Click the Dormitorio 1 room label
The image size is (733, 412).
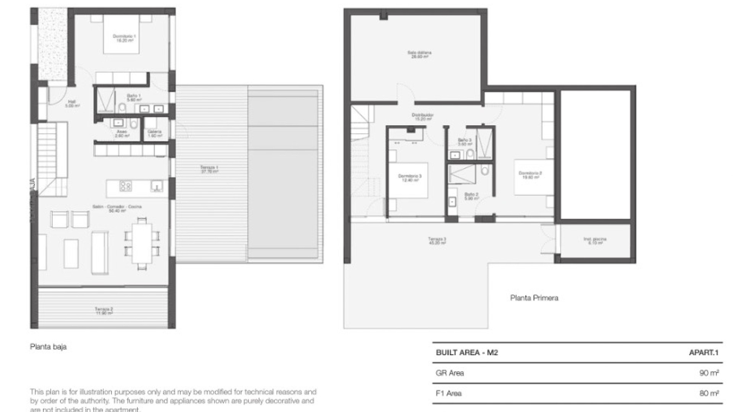[x=124, y=38]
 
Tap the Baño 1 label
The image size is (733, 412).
[x=134, y=97]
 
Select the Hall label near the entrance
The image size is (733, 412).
[x=72, y=103]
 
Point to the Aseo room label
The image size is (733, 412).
[x=122, y=134]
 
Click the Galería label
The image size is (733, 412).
[x=155, y=134]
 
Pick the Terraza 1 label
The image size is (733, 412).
[x=209, y=169]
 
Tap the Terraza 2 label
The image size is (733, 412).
[x=103, y=311]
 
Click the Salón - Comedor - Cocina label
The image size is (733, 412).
[x=117, y=208]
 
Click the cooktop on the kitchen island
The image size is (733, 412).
[x=126, y=186]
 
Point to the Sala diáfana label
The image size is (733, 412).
[x=419, y=54]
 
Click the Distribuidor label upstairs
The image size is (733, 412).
[x=422, y=116]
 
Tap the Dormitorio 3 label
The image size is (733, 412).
[x=410, y=178]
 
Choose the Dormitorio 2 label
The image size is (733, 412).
[x=530, y=175]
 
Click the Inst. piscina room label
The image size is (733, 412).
[x=595, y=241]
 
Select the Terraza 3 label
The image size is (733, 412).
[x=437, y=241]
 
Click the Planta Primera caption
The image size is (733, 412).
[x=534, y=298]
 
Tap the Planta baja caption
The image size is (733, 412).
[x=48, y=347]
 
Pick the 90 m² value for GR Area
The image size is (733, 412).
[x=709, y=373]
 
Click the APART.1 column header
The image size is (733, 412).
[x=703, y=352]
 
